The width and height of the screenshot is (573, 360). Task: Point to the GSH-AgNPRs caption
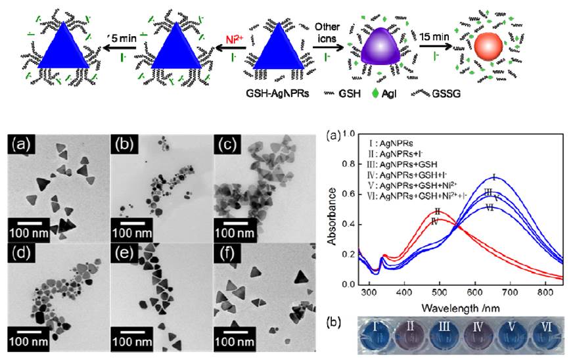[x=267, y=93]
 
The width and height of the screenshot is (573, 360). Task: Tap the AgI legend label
[x=398, y=94]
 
